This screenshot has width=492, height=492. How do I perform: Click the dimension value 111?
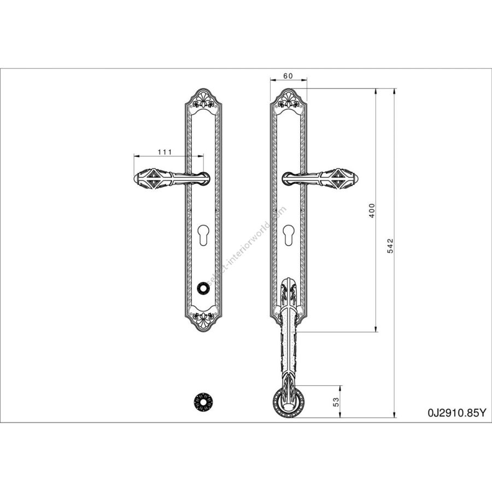165,151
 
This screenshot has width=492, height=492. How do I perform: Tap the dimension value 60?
288,76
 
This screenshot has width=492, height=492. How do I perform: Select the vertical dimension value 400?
372,210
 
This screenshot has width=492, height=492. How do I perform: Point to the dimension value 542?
390,245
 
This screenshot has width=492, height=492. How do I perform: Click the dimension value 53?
336,402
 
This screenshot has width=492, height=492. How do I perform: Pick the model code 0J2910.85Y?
456,413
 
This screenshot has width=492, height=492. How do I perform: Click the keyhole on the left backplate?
203,235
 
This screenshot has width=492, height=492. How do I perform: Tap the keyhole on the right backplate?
288,235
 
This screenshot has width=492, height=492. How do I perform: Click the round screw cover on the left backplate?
203,288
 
